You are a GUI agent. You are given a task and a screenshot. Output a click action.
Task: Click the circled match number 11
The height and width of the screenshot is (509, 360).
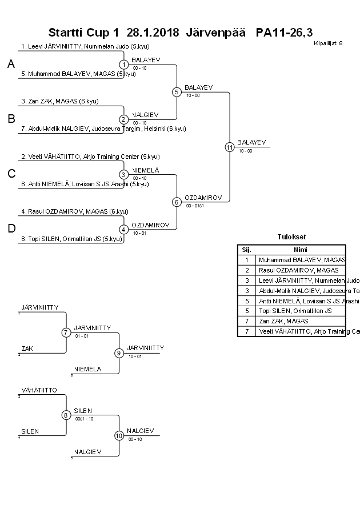(229, 147)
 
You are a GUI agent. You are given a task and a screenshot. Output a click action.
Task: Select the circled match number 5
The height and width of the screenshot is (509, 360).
(177, 91)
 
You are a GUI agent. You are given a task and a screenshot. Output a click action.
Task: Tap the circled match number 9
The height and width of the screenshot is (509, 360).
(119, 352)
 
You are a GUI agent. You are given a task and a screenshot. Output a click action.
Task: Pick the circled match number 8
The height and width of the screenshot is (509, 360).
(66, 415)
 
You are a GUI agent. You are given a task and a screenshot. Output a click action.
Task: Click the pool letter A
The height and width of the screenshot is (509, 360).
(11, 65)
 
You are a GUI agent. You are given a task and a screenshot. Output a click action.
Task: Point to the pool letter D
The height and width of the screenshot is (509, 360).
(11, 229)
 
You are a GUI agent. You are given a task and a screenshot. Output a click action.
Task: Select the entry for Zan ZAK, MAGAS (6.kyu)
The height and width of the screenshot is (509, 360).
(59, 101)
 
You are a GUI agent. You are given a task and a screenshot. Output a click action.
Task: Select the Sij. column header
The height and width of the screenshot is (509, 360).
(246, 249)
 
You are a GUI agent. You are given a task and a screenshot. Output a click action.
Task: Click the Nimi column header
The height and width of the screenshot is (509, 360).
(300, 249)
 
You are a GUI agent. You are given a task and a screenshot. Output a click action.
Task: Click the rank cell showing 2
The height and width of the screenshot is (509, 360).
(246, 270)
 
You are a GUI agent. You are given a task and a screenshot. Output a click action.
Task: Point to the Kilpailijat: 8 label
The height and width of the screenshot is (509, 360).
(328, 43)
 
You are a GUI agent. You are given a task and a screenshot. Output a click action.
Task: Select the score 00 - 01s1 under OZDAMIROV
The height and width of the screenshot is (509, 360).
(195, 205)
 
